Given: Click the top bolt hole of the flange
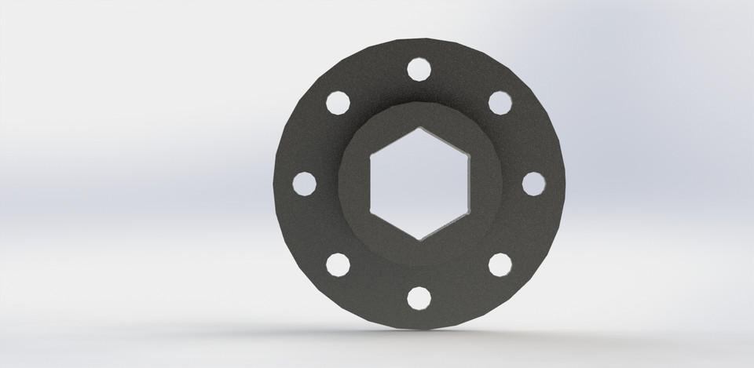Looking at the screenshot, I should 419,69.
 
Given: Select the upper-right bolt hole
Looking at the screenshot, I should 500,103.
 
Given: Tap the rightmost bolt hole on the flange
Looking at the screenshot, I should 533,183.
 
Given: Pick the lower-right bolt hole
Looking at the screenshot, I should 500,264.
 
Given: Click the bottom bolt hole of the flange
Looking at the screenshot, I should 419,298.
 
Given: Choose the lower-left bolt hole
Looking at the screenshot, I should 338,264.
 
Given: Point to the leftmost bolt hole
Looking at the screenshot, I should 304,184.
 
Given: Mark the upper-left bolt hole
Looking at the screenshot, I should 338,103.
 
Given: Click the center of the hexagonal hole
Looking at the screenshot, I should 419,184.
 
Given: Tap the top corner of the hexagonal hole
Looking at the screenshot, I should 420,127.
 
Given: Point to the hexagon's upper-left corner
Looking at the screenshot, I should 371,155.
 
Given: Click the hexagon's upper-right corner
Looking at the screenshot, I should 468,155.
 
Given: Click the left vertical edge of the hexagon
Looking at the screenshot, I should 371,184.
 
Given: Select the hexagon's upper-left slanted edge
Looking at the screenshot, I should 394,141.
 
